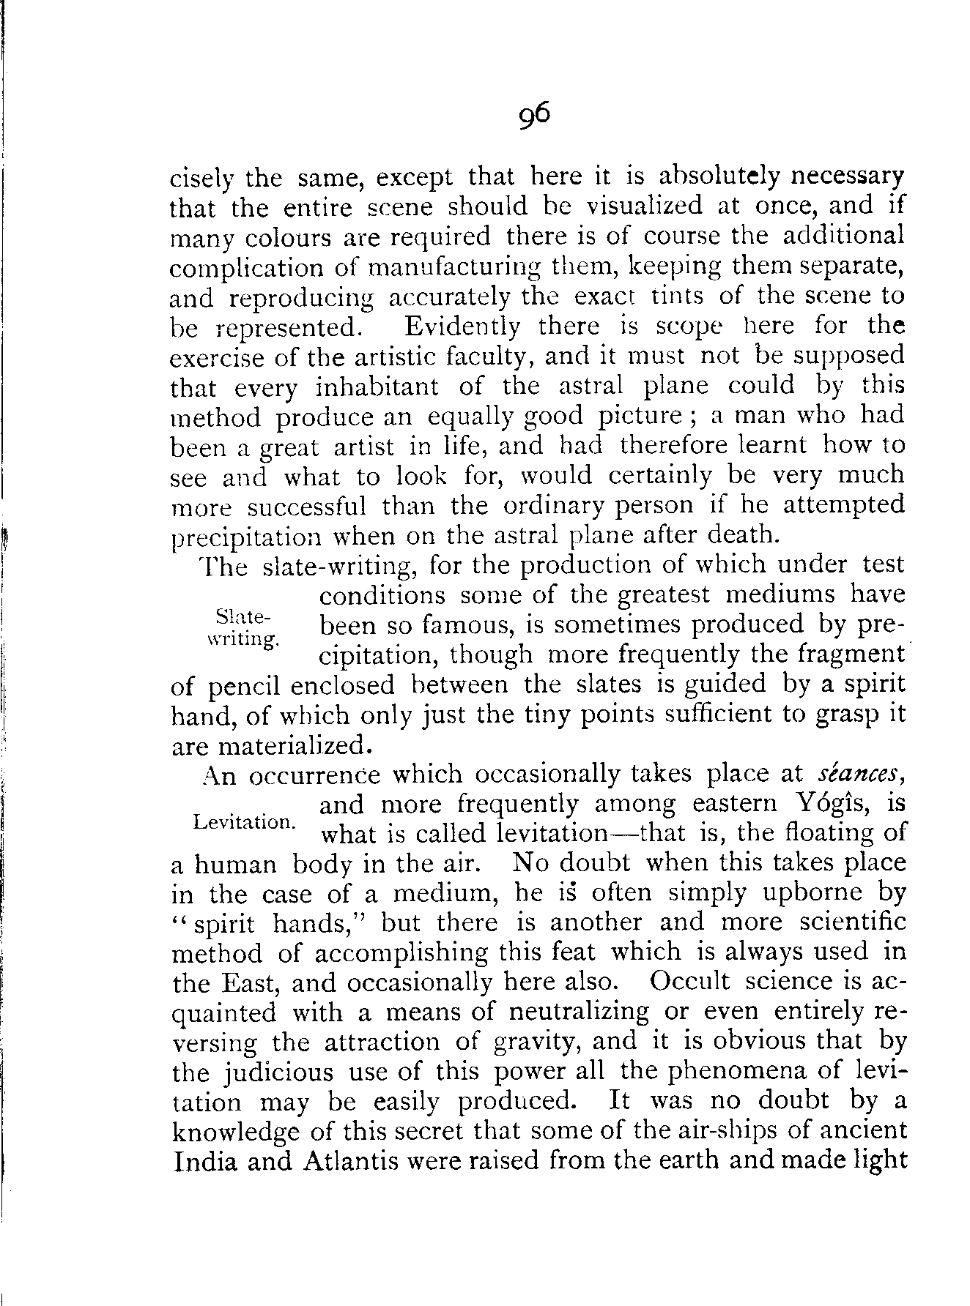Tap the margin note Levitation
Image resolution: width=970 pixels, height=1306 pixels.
click(x=245, y=822)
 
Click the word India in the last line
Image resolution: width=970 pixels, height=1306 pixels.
click(x=204, y=1162)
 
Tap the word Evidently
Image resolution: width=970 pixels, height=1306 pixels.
click(x=463, y=326)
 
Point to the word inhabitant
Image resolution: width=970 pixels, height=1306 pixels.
click(x=377, y=387)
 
